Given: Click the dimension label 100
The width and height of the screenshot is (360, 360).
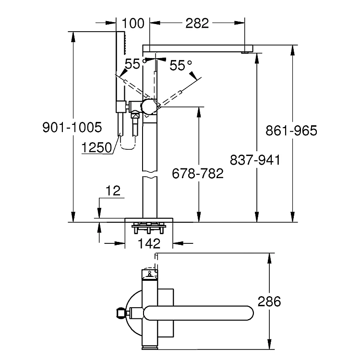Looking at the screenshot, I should pos(132,23).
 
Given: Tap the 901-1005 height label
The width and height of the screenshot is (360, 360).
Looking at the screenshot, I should pos(72,128).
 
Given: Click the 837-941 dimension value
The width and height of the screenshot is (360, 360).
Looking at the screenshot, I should pos(255,160).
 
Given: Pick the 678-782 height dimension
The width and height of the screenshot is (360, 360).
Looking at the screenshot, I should pos(198,173).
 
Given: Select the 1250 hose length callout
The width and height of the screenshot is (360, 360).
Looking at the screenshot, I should pos(96,148).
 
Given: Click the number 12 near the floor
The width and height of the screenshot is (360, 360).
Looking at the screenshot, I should pos(113,191).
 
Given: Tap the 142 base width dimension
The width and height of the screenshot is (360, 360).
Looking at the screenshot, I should pos(149,243).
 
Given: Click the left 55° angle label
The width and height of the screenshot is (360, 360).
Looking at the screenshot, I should pos(134,64).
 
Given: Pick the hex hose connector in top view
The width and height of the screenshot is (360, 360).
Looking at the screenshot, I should pos(120,313).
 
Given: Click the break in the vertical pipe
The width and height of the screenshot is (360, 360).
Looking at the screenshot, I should pos(149,177).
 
